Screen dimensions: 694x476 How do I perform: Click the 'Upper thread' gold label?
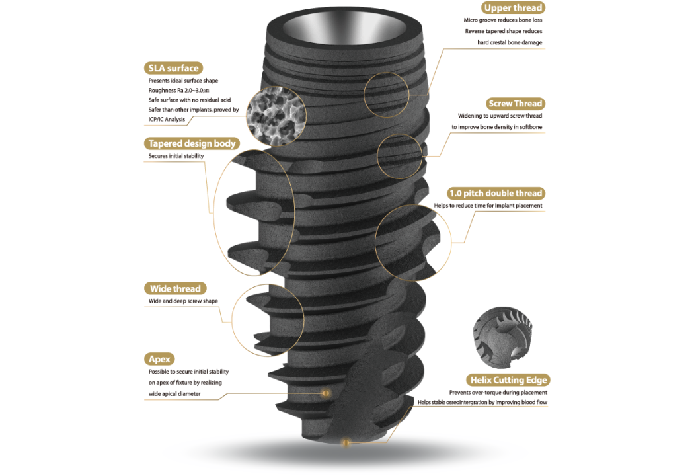513,7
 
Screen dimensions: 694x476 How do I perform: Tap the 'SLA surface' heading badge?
173,68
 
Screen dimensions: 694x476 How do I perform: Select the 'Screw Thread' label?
515,104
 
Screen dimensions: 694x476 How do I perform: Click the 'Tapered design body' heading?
192,143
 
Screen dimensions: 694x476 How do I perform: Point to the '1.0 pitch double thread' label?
496,193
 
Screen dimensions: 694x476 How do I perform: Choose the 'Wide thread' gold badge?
175,289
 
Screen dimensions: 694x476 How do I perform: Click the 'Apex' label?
159,359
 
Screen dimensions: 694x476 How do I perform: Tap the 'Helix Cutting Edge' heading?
508,380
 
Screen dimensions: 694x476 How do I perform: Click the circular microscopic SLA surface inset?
276,116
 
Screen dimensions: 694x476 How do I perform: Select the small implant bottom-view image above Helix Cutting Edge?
502,338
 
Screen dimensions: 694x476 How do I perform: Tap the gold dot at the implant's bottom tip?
346,442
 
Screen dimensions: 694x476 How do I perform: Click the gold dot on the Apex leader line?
326,393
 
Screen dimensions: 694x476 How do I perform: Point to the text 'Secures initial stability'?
176,156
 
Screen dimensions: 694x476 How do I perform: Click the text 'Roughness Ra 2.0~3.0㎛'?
179,91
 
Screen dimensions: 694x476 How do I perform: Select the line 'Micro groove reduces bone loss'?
503,20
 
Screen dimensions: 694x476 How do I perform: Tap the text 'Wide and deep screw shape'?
183,301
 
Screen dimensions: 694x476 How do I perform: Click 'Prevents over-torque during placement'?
498,392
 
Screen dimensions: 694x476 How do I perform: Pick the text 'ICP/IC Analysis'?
167,119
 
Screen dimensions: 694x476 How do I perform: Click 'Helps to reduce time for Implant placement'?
488,206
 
